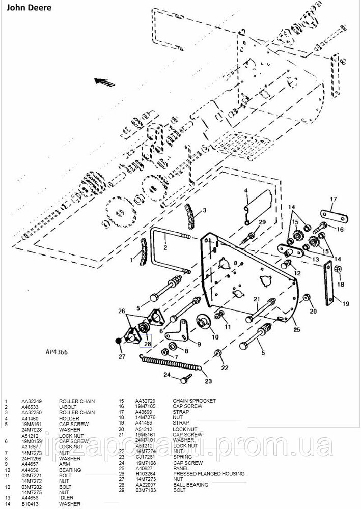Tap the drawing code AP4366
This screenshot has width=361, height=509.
[x=57, y=351]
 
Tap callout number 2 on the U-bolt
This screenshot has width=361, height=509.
[x=165, y=248]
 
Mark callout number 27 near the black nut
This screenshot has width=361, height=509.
[x=121, y=357]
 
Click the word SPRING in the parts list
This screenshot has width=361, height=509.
[x=182, y=457]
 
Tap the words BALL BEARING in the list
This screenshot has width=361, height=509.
[x=190, y=485]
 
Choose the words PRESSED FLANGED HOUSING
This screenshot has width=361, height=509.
[x=208, y=474]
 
